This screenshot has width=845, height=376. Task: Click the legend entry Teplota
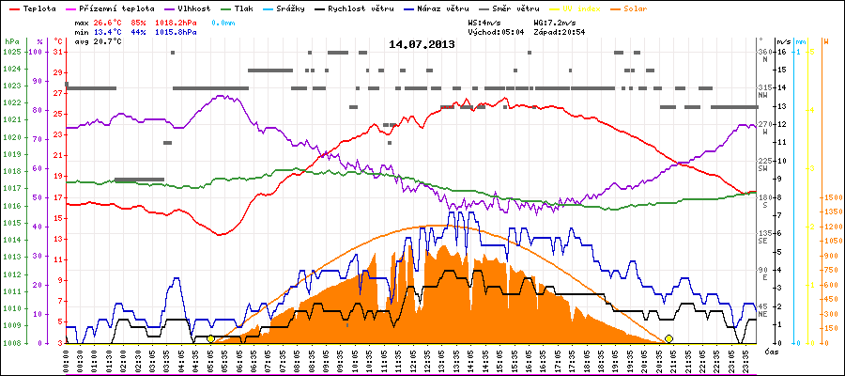[x=36, y=7]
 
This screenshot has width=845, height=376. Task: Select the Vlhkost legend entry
[x=189, y=7]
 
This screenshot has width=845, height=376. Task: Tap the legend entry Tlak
[x=244, y=7]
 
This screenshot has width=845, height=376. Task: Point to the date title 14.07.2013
[x=422, y=43]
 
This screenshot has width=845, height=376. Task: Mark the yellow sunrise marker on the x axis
[x=210, y=338]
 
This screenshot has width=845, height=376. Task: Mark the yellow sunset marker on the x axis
[x=668, y=338]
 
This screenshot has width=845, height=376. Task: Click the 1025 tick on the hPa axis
[x=10, y=52]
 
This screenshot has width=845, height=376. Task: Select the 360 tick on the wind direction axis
[x=765, y=52]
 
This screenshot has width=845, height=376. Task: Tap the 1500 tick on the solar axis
[x=830, y=198]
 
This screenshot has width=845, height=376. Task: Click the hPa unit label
[x=10, y=41]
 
